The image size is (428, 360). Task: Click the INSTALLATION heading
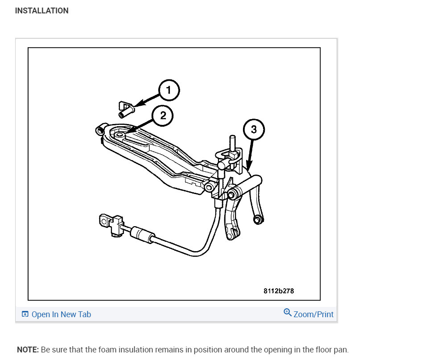point(41,11)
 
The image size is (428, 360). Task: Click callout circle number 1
point(169,91)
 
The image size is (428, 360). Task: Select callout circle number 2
point(163,116)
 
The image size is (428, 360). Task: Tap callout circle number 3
point(254,130)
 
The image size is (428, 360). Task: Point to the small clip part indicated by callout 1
point(126,108)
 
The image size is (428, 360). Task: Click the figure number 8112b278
point(279,291)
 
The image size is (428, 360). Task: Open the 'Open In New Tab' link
point(61,314)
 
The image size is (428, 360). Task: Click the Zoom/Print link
point(313,314)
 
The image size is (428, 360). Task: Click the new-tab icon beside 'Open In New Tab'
point(25,314)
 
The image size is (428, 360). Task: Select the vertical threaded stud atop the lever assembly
point(232,144)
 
